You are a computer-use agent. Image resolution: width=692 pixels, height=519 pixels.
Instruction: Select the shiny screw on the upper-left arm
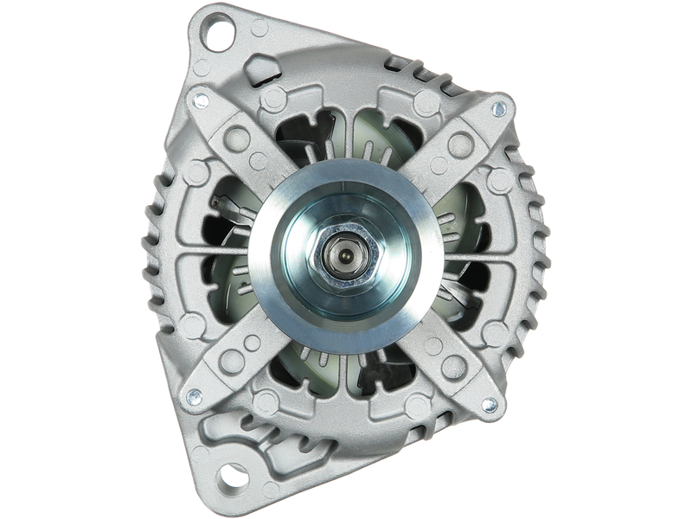tap(201, 100)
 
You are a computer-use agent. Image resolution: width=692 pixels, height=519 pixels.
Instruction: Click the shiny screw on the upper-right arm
tap(497, 109)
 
